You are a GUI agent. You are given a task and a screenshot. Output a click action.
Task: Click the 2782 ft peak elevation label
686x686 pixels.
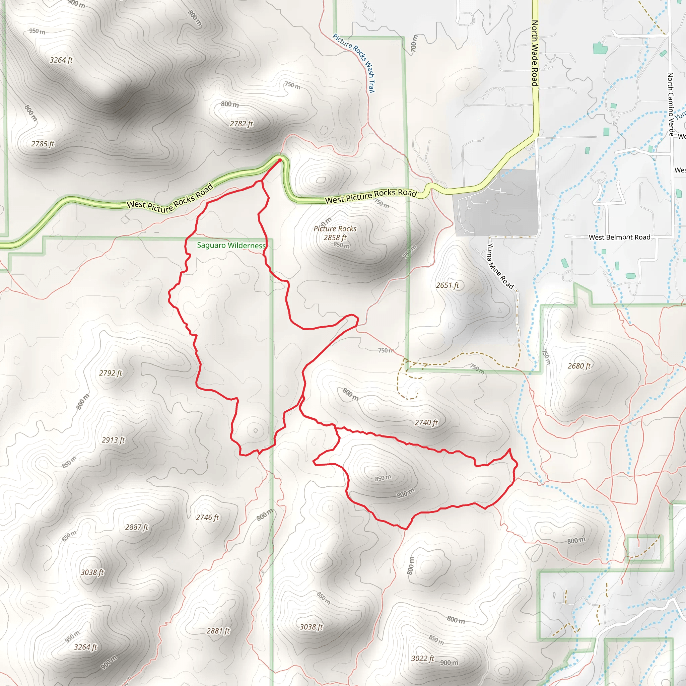(x=242, y=124)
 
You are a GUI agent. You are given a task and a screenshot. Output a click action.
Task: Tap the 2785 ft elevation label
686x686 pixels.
(x=43, y=144)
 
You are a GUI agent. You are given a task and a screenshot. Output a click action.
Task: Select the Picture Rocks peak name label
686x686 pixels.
(x=335, y=229)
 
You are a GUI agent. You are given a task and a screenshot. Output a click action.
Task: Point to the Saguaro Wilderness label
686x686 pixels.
(x=231, y=245)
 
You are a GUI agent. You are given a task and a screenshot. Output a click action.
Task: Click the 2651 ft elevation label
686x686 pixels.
(x=448, y=285)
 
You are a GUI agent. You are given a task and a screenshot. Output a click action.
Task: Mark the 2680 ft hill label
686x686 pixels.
(x=579, y=366)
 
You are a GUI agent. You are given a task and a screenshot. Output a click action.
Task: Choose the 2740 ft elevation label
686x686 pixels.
(x=426, y=422)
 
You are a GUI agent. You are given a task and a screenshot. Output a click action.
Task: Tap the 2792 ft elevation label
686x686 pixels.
(x=111, y=373)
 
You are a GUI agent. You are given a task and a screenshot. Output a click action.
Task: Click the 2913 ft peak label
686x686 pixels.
(x=113, y=440)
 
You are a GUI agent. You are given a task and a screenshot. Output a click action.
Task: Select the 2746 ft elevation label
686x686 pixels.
(x=207, y=517)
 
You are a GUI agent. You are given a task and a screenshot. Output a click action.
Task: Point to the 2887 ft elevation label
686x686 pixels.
(x=137, y=527)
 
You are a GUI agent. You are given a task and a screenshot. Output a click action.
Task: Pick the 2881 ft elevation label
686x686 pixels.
(x=218, y=631)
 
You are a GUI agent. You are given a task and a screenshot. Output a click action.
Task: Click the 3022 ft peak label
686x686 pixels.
(x=422, y=658)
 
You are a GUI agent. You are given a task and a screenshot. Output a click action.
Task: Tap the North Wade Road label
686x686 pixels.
(x=535, y=53)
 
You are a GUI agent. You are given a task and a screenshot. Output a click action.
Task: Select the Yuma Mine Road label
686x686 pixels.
(x=500, y=266)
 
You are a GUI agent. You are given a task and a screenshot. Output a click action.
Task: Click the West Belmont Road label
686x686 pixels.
(x=620, y=237)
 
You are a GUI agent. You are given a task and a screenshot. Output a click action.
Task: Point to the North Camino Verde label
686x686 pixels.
(x=671, y=105)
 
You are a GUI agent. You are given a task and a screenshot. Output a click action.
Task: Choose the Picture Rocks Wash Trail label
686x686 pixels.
(x=354, y=63)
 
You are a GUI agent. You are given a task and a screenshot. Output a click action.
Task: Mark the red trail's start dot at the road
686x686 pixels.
(x=279, y=160)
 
